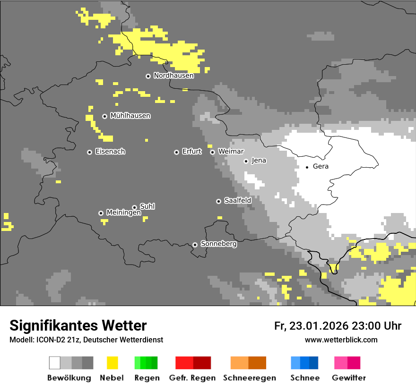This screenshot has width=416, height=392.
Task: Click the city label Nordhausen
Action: [173, 76]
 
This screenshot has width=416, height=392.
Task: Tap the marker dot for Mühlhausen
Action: [104, 116]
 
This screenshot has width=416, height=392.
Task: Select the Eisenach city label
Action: [110, 152]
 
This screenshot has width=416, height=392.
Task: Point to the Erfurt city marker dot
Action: [176, 152]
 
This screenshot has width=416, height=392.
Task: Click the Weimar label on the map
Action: [231, 152]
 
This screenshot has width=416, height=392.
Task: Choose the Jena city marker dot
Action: [246, 161]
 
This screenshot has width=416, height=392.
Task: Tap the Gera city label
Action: [321, 166]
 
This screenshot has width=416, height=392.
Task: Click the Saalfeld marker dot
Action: [218, 201]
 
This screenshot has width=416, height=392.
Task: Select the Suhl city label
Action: [147, 206]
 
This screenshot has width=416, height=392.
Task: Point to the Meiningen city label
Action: [123, 213]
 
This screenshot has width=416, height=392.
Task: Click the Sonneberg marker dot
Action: [195, 245]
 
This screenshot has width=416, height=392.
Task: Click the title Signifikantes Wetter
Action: [78, 325]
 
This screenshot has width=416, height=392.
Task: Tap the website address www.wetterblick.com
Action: [341, 340]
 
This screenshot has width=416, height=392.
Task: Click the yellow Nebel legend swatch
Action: [112, 363]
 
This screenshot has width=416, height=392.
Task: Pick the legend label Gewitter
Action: [348, 378]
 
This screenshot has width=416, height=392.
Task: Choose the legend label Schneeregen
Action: [249, 378]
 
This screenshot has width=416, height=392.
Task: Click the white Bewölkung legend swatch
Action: [55, 363]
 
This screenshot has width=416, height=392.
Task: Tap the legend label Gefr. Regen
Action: [192, 378]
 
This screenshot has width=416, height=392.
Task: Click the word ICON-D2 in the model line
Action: [47, 340]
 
